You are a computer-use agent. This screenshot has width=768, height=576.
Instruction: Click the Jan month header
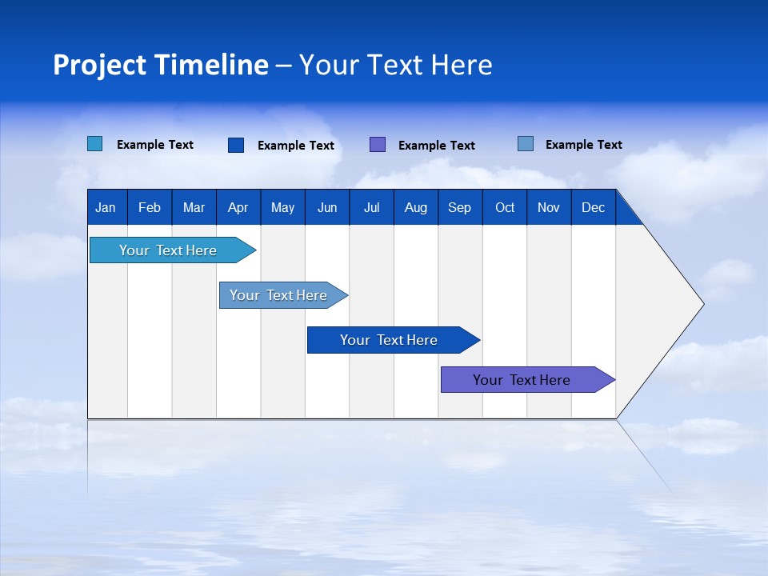(106, 208)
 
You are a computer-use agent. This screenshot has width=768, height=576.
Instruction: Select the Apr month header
(238, 208)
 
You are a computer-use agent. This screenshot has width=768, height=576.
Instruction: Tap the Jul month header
(371, 208)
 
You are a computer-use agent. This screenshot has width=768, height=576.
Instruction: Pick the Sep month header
(459, 208)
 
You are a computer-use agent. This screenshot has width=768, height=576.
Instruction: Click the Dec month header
(593, 208)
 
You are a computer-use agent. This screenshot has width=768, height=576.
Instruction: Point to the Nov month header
(548, 208)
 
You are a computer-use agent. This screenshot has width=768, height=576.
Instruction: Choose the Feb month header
(150, 208)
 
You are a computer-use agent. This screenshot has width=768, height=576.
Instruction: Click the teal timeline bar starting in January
(168, 250)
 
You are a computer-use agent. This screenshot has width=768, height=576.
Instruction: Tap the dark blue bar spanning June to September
(389, 340)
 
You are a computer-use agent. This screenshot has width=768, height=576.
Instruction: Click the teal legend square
(95, 144)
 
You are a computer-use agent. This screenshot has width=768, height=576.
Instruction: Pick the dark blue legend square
(236, 145)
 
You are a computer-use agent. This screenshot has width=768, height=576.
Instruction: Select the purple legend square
(378, 145)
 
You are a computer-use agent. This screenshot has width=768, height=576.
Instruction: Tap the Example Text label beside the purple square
(436, 146)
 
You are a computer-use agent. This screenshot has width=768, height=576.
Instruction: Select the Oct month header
(505, 208)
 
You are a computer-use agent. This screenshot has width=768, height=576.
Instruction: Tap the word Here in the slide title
(462, 65)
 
